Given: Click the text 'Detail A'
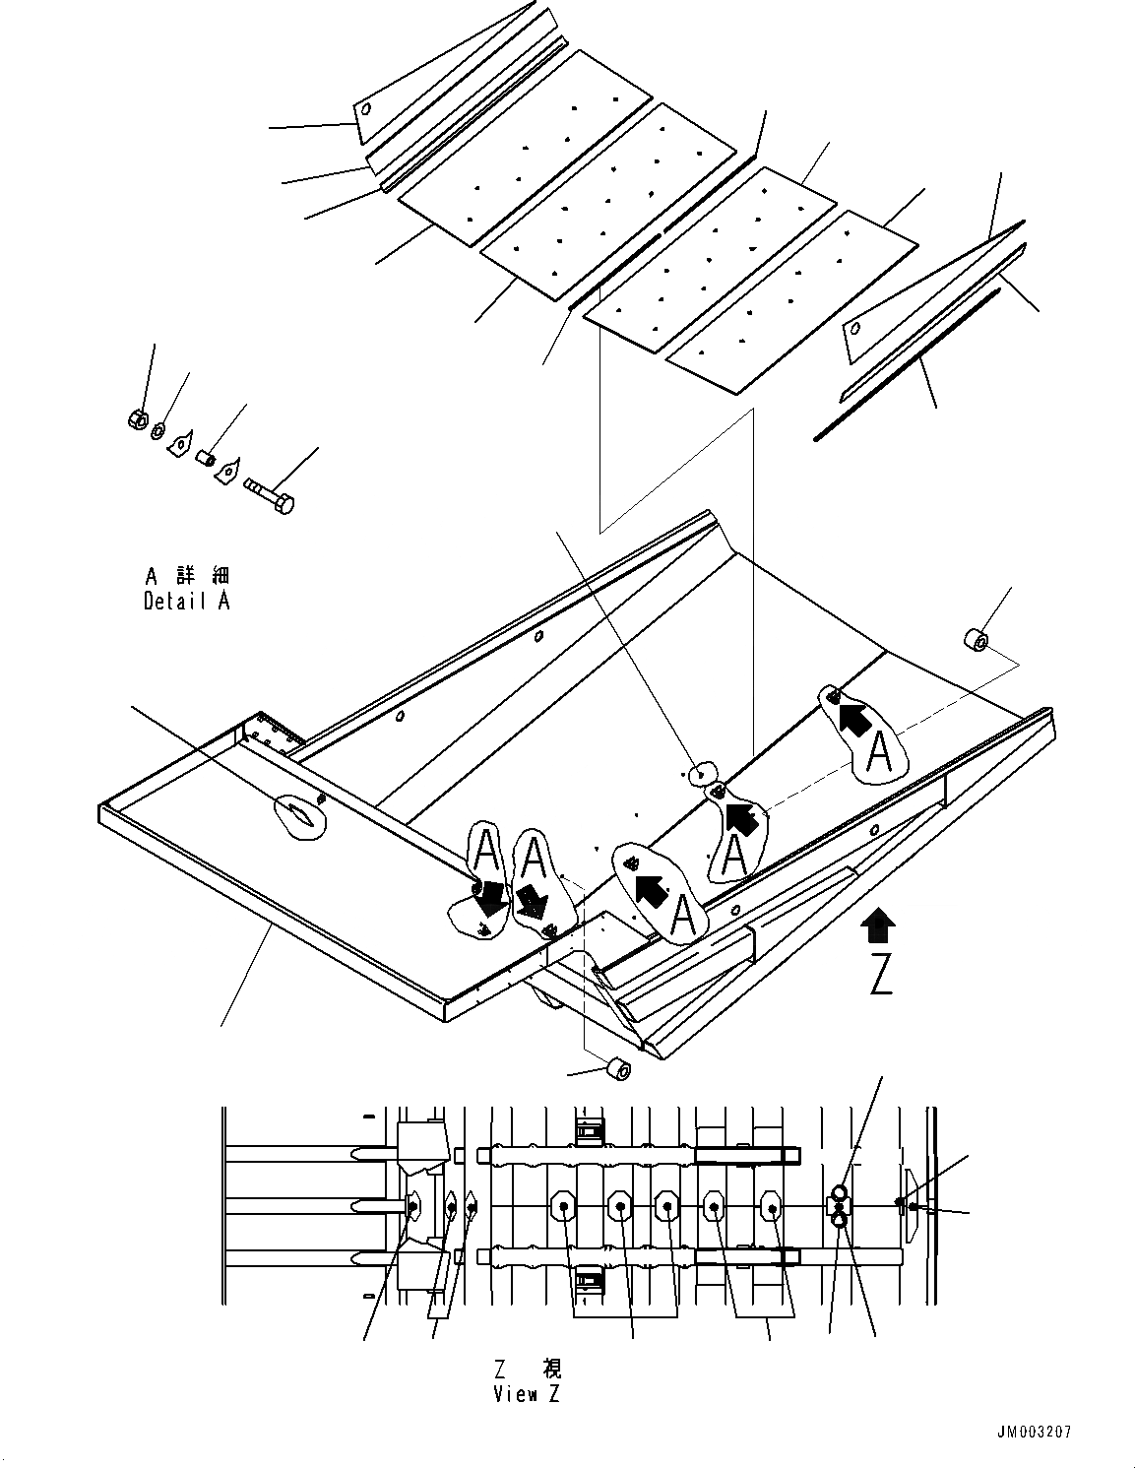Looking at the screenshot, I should coord(186,601).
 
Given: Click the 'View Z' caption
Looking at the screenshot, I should coord(528,1394).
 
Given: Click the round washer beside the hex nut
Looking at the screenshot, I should coord(158,428).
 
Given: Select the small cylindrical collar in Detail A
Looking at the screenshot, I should coord(207,458).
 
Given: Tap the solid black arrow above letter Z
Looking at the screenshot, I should coord(878,926).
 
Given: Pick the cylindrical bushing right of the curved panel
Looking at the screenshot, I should coord(976,641).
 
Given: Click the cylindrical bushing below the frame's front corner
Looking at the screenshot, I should coord(619,1068).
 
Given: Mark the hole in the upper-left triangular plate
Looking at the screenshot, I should coord(365,109).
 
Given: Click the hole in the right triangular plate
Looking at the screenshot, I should coord(856,329).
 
